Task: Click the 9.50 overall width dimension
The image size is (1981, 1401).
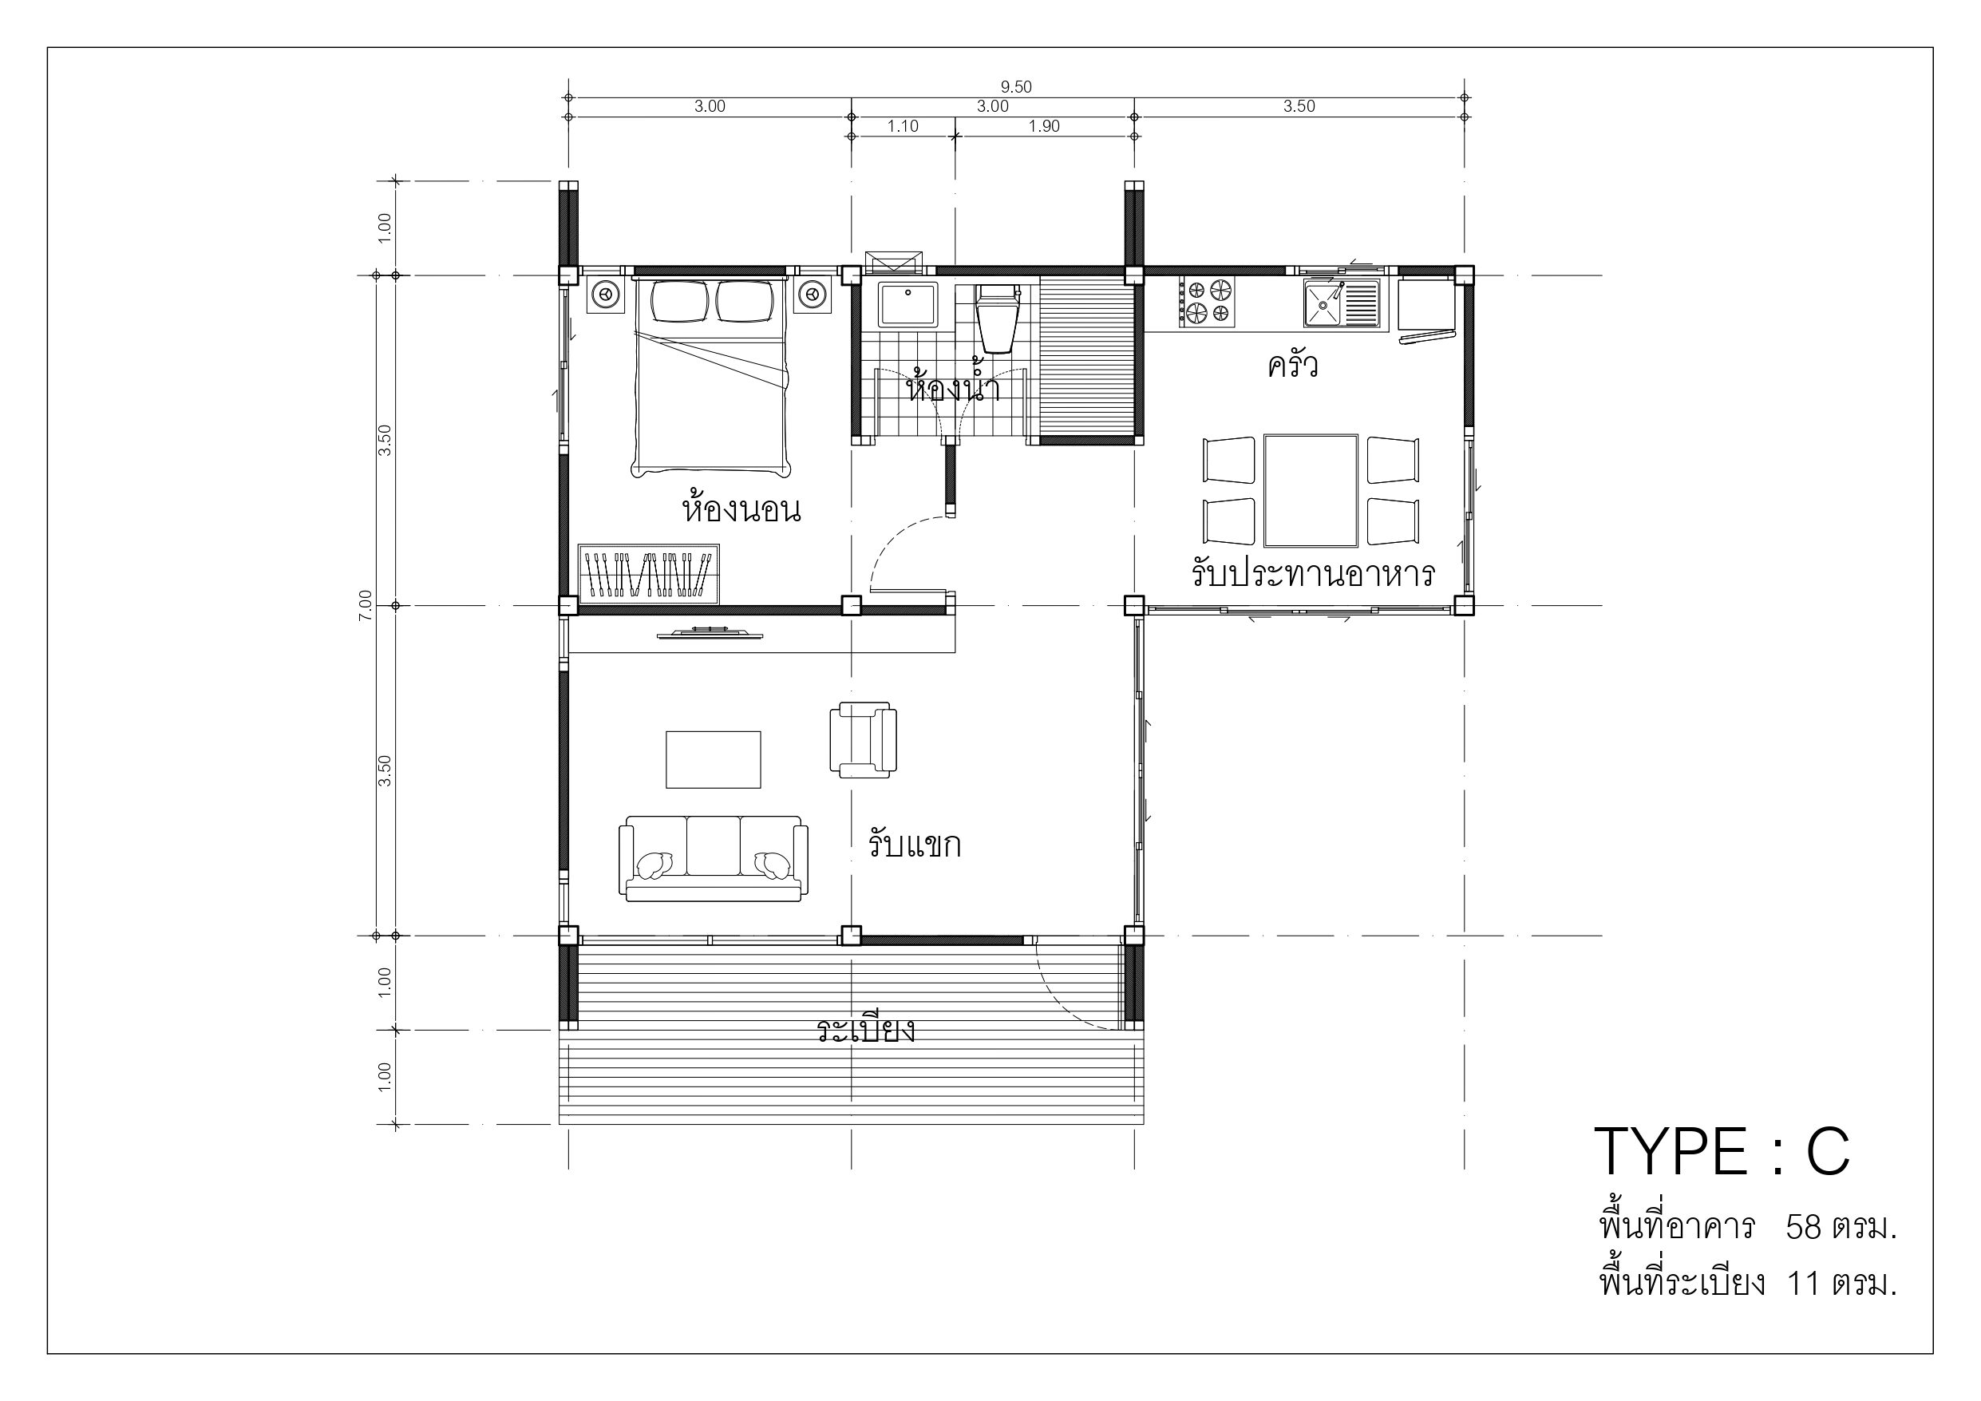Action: [1015, 86]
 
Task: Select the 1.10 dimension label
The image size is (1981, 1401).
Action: [903, 126]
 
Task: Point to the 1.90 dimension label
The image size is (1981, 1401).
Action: [1044, 126]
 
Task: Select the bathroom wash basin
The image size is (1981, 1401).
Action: [907, 305]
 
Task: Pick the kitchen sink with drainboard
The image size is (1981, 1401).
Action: [1342, 303]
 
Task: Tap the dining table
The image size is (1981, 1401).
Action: [1311, 490]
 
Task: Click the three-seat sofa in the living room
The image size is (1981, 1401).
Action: [714, 858]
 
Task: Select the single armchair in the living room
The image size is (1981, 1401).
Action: [863, 740]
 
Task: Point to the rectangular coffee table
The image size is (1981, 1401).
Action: [714, 760]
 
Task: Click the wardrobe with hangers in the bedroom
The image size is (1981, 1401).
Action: [649, 574]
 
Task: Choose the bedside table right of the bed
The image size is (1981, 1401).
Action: [812, 295]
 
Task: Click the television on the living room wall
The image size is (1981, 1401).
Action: [710, 634]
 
